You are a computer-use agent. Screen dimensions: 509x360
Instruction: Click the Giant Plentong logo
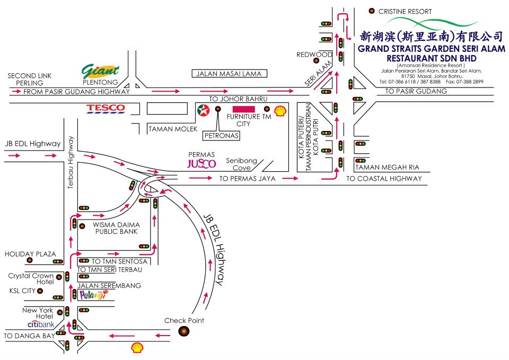(x=100, y=71)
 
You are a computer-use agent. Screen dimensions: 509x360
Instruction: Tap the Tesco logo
(x=106, y=109)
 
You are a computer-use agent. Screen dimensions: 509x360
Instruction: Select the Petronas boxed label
(x=222, y=136)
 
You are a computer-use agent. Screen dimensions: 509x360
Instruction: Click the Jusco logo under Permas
(x=201, y=163)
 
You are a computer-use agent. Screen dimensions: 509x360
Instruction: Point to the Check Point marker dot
(x=184, y=331)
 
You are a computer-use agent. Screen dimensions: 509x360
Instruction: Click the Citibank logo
(x=41, y=324)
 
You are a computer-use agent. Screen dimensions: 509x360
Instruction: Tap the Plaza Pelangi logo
(x=93, y=295)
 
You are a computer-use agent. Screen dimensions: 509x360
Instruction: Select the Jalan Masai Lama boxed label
(x=229, y=74)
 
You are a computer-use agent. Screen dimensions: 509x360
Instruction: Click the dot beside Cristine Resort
(x=372, y=11)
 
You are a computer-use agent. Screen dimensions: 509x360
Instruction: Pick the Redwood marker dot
(x=316, y=60)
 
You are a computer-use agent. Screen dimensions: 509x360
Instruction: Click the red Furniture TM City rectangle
(x=244, y=109)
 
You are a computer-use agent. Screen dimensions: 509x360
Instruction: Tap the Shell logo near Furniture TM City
(x=280, y=111)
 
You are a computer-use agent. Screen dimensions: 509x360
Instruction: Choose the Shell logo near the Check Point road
(x=137, y=347)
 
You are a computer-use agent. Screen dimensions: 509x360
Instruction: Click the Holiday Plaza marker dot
(x=30, y=260)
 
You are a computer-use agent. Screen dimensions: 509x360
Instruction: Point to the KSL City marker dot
(x=40, y=291)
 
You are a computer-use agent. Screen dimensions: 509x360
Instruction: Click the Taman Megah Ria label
(x=387, y=168)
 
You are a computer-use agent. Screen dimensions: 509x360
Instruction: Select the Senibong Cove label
(x=242, y=164)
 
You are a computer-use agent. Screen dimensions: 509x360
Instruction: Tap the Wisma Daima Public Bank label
(x=117, y=228)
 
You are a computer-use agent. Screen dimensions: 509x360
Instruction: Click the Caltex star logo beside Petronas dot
(x=204, y=111)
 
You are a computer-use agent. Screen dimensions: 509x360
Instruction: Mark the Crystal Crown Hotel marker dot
(x=59, y=277)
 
